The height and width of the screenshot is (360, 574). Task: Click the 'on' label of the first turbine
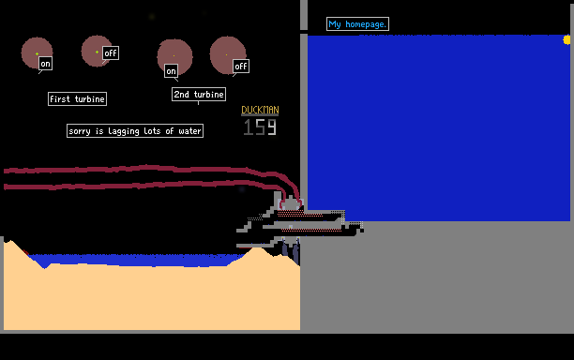click(x=45, y=64)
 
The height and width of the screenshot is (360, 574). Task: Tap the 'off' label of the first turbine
click(x=111, y=53)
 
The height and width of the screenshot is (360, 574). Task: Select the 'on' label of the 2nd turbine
click(x=171, y=71)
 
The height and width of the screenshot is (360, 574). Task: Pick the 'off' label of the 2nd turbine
click(x=241, y=67)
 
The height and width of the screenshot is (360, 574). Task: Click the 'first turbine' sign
click(x=77, y=98)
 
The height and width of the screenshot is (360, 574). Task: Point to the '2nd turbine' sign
click(x=199, y=95)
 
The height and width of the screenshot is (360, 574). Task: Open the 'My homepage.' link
click(x=357, y=24)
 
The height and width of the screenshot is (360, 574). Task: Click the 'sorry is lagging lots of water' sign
click(x=135, y=131)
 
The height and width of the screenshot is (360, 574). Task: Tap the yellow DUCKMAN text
click(x=260, y=110)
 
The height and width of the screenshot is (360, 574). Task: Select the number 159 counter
click(x=260, y=127)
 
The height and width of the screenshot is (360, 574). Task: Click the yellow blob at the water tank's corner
click(x=566, y=40)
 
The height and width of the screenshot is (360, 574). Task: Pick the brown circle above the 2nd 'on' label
click(x=175, y=55)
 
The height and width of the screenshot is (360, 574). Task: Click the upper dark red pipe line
click(x=146, y=168)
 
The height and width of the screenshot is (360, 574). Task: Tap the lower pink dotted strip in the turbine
click(x=311, y=230)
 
